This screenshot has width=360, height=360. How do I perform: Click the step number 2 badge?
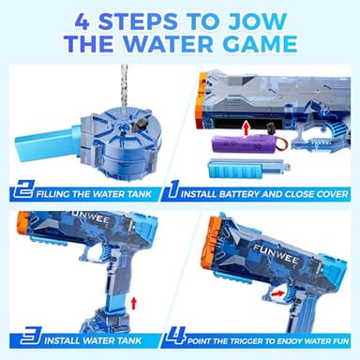(26, 194)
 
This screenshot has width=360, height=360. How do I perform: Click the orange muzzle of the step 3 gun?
(22, 223)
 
